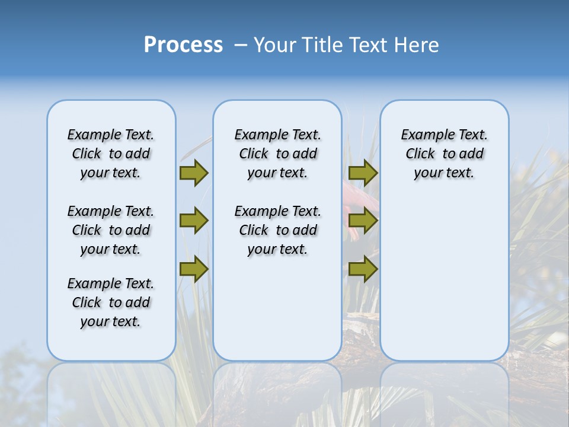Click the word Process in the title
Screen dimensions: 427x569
coord(183,45)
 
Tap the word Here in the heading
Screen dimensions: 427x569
coord(417,45)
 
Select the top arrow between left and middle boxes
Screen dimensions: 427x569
coord(194,173)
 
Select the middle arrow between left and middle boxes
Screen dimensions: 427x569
coord(194,221)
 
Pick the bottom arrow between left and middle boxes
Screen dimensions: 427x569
coord(194,269)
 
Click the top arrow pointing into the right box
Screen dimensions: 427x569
coord(363,173)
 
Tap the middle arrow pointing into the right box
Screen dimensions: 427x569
coord(363,221)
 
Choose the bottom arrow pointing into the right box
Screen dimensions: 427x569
coord(363,269)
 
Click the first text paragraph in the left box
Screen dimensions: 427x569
coord(111,154)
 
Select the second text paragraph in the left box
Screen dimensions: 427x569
coord(111,230)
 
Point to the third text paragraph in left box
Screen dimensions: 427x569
coord(111,302)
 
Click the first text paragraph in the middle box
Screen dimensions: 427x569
coord(277,154)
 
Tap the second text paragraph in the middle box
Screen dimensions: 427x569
coord(277,230)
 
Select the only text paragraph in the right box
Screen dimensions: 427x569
coord(444,154)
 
